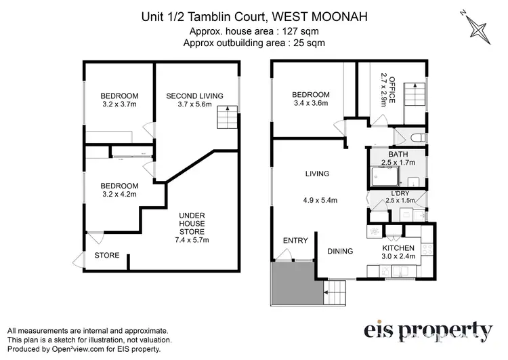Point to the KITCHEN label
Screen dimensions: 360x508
click(398, 248)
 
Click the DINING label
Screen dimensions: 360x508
click(339, 252)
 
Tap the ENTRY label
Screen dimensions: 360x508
click(295, 240)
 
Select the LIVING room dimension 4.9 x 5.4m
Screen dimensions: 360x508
click(317, 200)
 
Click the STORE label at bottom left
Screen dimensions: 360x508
click(107, 256)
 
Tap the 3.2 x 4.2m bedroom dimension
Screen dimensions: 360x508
click(119, 195)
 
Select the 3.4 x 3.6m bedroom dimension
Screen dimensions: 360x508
click(311, 104)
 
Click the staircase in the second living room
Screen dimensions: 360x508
click(227, 119)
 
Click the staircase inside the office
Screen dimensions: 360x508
click(412, 94)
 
